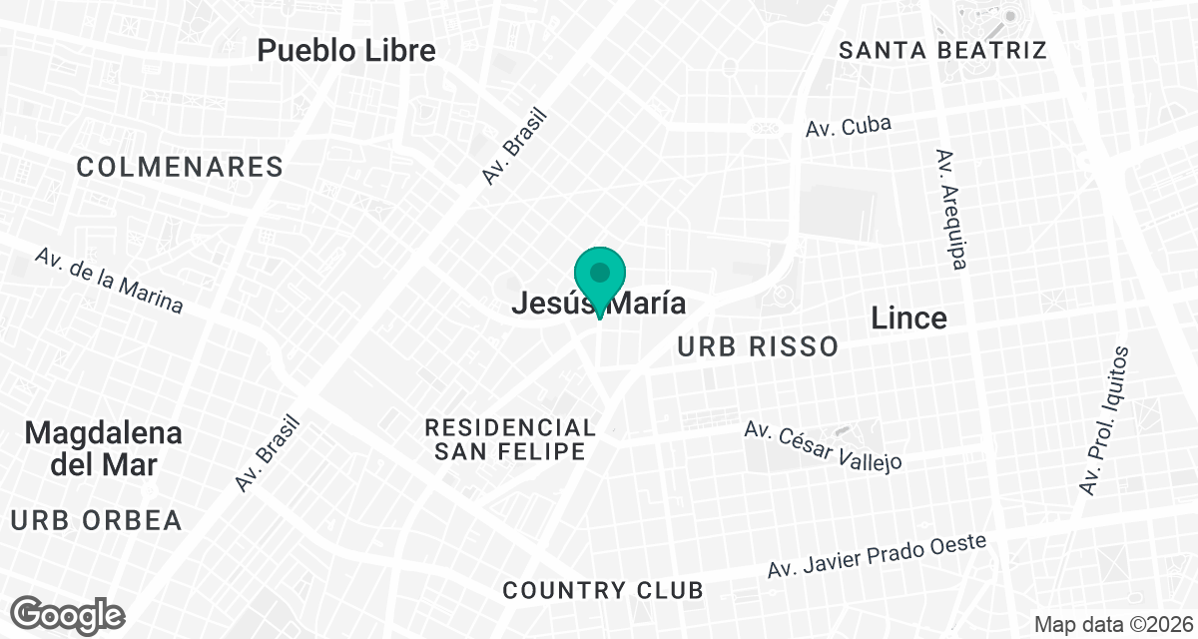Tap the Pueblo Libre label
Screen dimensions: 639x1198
pos(346,51)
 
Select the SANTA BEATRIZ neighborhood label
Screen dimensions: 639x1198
pos(941,50)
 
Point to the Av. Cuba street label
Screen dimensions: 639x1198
pos(848,126)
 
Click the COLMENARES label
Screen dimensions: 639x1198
pos(180,167)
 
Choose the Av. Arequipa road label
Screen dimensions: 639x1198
pos(951,210)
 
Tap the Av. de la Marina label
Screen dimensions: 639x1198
pos(109,280)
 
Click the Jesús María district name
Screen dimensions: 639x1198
pos(599,304)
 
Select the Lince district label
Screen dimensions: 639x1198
pos(908,318)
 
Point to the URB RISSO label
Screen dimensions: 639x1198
pos(757,346)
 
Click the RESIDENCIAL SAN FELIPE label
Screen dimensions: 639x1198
pos(510,439)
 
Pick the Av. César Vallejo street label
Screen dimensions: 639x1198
pos(824,445)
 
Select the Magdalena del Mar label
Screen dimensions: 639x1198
pos(104,448)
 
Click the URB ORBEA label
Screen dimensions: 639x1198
pos(97,520)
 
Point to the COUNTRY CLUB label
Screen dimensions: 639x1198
pos(603,590)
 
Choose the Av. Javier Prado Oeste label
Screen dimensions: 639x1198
pos(877,556)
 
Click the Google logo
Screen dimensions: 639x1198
pos(69,613)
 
